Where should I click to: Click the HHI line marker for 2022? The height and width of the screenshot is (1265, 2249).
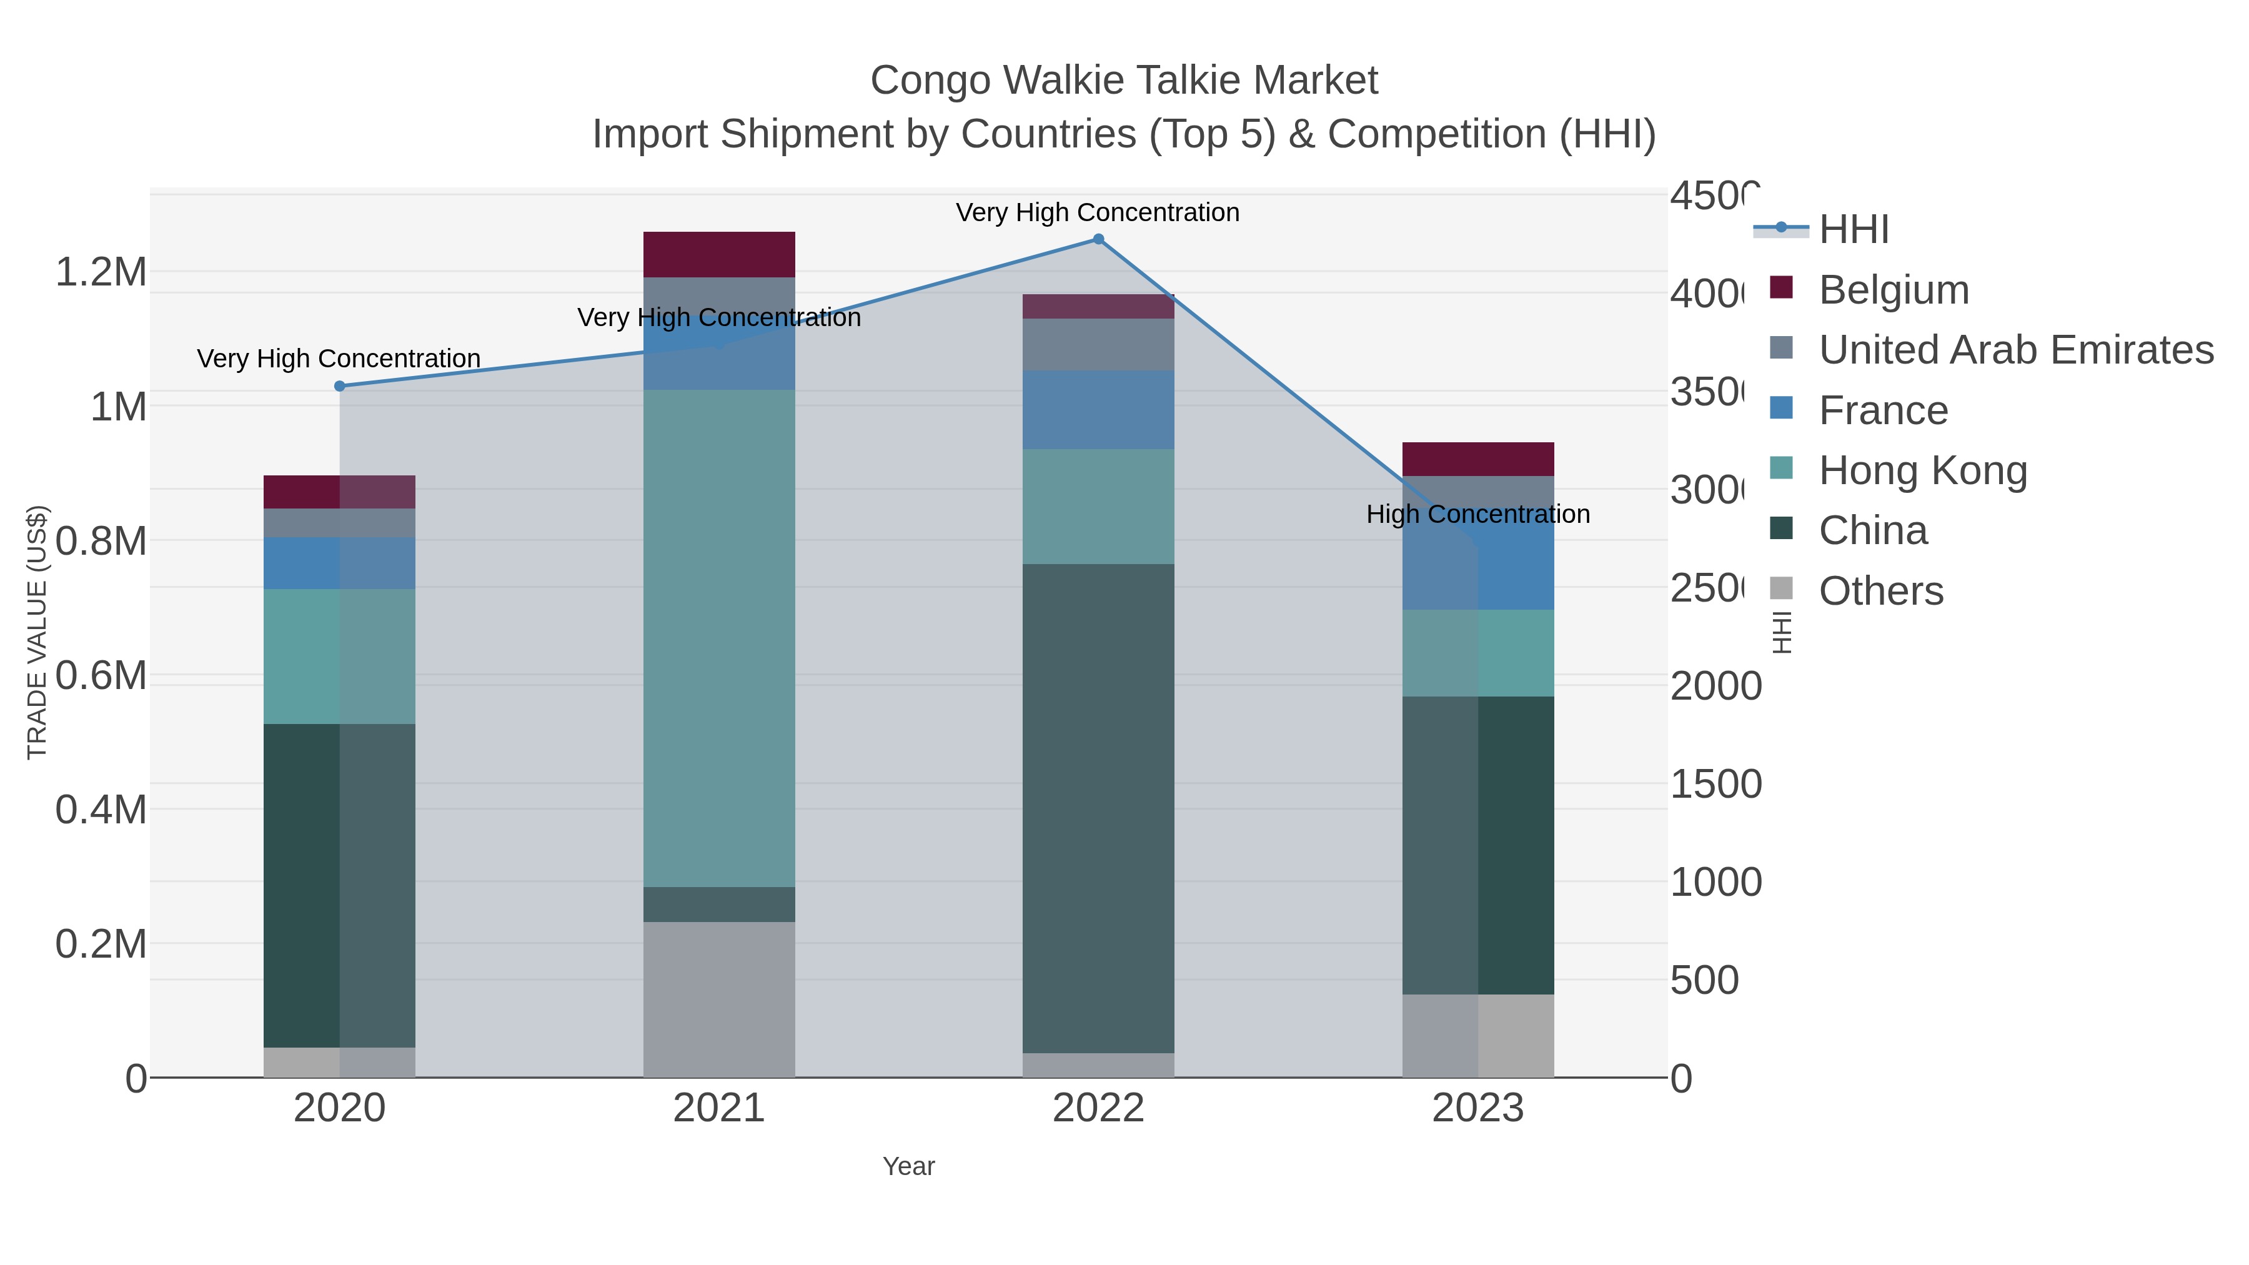(1098, 239)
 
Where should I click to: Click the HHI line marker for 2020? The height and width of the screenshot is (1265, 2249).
(340, 386)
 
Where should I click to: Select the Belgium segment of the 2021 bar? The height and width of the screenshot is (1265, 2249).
(718, 255)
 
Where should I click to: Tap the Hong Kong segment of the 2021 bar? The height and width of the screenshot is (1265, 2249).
(718, 637)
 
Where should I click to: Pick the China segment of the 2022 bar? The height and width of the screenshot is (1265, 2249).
(1098, 808)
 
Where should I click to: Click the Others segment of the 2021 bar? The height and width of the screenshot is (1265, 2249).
(718, 1000)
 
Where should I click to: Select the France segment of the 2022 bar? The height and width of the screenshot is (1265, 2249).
(1098, 409)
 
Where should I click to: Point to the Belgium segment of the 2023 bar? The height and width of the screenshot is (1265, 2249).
(1477, 459)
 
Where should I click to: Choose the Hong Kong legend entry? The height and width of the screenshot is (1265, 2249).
(1922, 470)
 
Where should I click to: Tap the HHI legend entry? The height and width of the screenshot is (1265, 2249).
(1854, 230)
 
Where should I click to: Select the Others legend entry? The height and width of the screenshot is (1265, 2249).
(1880, 591)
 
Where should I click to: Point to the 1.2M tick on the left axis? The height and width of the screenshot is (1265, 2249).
(101, 272)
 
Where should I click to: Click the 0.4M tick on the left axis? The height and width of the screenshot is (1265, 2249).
(101, 809)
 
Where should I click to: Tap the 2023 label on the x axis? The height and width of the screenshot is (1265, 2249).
(1477, 1108)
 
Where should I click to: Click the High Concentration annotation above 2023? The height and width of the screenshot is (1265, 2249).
(1477, 514)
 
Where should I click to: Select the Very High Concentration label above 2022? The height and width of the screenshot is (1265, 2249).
(1098, 212)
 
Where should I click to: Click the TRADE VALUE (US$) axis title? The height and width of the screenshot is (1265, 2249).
(37, 632)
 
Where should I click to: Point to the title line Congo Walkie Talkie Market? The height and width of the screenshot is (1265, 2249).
(1124, 81)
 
